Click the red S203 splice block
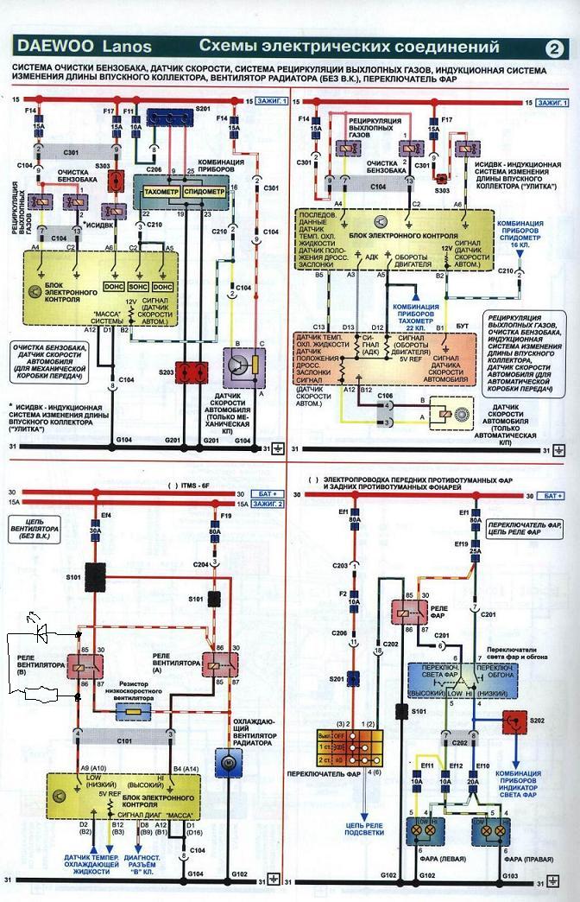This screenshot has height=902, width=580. [190, 372]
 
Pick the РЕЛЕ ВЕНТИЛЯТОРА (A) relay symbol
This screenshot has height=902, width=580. [211, 664]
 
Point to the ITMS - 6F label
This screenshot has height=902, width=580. [195, 486]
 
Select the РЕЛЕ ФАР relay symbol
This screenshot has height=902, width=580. [407, 613]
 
